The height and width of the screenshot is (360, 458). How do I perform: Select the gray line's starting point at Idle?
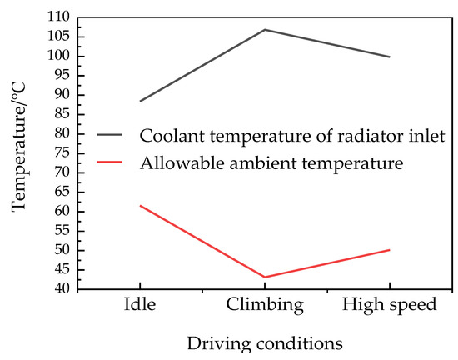coord(140,101)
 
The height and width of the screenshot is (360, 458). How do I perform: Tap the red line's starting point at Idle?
coord(140,205)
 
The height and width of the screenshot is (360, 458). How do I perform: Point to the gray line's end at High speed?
coord(389,57)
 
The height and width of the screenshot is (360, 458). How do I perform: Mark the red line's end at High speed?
coord(389,250)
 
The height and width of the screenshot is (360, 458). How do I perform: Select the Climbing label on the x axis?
coord(265,305)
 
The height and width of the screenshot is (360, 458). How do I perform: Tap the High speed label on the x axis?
coord(389,305)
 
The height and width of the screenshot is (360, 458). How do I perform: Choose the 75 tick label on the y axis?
coord(59,152)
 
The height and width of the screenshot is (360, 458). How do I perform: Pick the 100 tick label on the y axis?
coord(56,56)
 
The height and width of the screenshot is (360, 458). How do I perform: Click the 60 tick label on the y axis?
coord(59,211)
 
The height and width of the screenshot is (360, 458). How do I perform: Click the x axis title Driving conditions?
coord(264,342)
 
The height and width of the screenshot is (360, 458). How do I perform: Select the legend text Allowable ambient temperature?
coord(271,163)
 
